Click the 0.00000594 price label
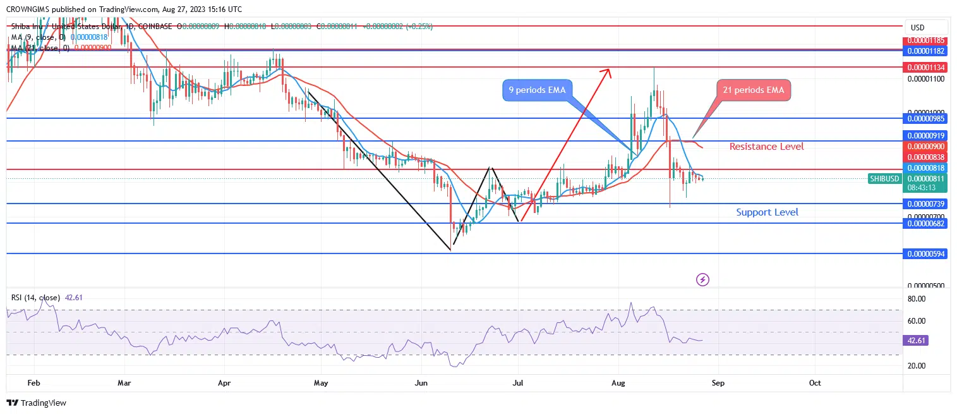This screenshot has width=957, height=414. pos(926,253)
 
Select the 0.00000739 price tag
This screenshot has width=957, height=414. pos(926,204)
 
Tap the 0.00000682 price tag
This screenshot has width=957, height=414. pos(926,223)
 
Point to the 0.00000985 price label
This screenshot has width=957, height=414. pos(926,118)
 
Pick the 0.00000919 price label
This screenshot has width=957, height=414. pos(926,135)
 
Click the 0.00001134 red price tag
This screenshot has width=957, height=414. pos(926,67)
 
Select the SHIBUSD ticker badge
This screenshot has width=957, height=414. pos(884,179)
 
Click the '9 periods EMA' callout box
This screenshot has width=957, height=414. pos(537,90)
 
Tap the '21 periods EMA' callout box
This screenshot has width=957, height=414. pos(754,90)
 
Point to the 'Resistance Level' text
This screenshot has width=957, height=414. pos(766,147)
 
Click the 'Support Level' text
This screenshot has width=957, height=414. pos(767,212)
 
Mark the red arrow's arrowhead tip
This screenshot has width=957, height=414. pos(610,69)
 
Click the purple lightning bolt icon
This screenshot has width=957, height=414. pos(702,279)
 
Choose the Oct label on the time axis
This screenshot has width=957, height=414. pos(815,382)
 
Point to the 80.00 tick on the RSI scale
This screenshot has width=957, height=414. pos(917,298)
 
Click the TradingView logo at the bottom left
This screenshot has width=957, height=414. pos(37,403)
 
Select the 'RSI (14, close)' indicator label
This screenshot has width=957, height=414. pos(36,298)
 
